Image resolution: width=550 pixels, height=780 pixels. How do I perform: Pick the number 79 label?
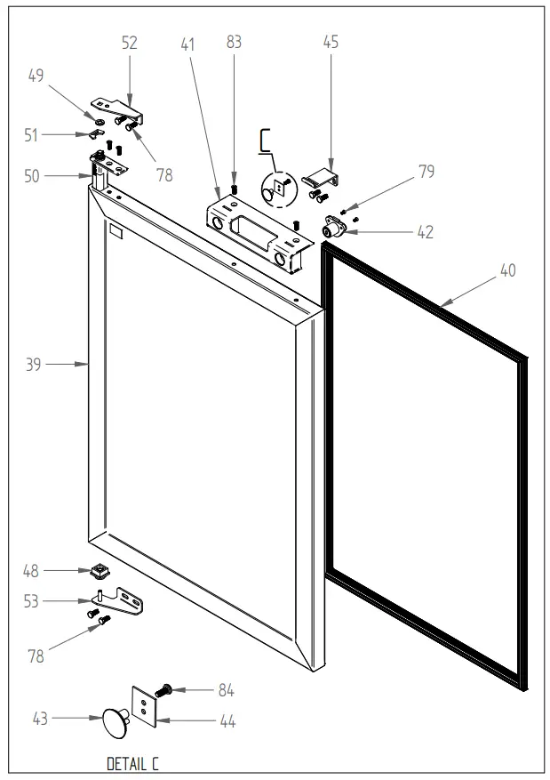[426, 173]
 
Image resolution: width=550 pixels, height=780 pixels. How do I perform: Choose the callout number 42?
[425, 232]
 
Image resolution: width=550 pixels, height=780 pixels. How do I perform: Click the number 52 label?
[130, 42]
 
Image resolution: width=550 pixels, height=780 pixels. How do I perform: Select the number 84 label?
[227, 690]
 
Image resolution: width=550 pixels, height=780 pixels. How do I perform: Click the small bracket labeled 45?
[320, 177]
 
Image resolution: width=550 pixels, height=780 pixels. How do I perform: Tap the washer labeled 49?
[99, 119]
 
